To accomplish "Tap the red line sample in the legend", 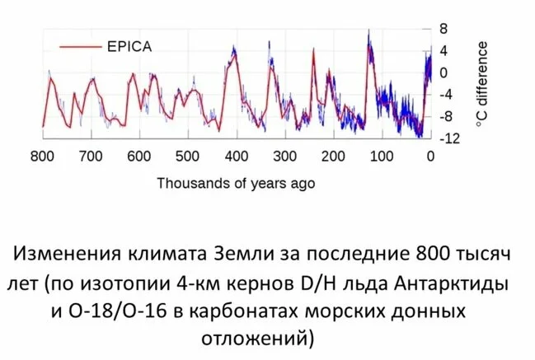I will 76,46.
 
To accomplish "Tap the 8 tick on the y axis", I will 443,28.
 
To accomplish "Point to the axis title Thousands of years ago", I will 236,183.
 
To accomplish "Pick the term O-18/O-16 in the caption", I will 129,312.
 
